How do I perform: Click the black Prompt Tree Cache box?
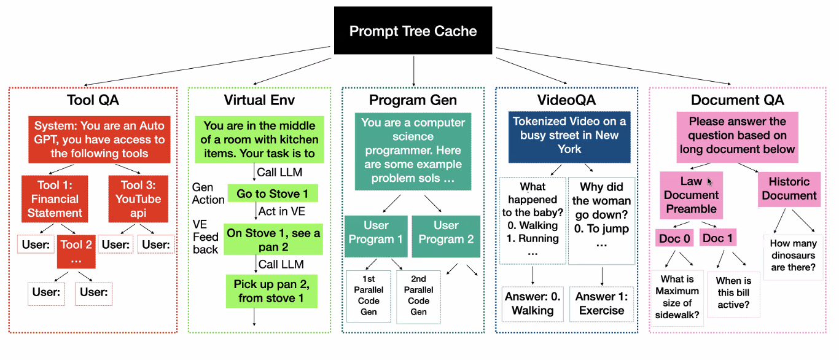[x=413, y=31]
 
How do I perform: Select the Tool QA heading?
[x=93, y=100]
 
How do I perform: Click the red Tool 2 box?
[x=76, y=251]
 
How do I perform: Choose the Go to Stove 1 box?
[x=273, y=194]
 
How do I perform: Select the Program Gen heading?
[x=413, y=100]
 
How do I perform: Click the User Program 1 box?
[x=375, y=232]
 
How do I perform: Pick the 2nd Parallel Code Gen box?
[x=418, y=296]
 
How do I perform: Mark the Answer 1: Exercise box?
[x=601, y=303]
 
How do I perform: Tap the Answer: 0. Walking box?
[x=533, y=303]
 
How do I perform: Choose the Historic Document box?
[x=789, y=189]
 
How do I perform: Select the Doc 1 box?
[x=717, y=238]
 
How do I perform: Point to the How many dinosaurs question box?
[x=792, y=256]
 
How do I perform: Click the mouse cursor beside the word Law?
[x=711, y=182]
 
